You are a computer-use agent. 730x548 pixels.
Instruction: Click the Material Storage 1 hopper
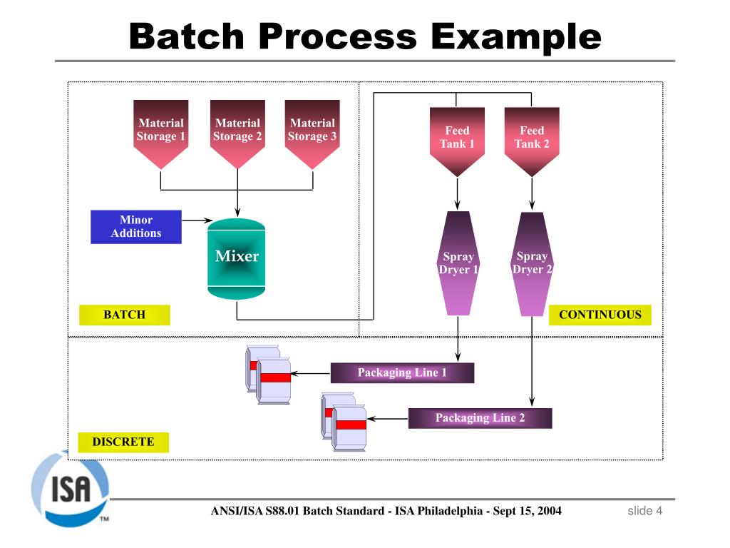point(161,132)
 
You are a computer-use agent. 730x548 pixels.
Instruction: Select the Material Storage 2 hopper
point(237,132)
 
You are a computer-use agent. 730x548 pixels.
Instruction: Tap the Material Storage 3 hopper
point(312,132)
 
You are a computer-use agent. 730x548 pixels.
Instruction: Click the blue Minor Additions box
point(136,227)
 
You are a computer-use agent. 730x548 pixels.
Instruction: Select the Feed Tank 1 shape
point(457,139)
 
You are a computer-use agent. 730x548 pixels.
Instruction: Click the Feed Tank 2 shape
point(532,139)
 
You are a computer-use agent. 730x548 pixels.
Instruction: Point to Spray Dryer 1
point(458,263)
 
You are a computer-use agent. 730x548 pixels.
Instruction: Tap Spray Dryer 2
point(532,263)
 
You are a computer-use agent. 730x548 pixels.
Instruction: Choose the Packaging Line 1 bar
point(402,373)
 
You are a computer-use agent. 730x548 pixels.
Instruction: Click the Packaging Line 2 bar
point(480,418)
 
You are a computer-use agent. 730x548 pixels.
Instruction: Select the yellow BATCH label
point(125,315)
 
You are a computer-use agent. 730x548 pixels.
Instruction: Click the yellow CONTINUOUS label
point(600,315)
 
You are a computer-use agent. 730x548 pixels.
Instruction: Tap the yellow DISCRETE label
point(123,442)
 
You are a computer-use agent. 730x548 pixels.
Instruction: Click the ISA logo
point(70,489)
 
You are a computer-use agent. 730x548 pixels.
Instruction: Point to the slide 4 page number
point(644,511)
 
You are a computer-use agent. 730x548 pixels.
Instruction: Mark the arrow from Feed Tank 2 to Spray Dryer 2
point(532,193)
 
